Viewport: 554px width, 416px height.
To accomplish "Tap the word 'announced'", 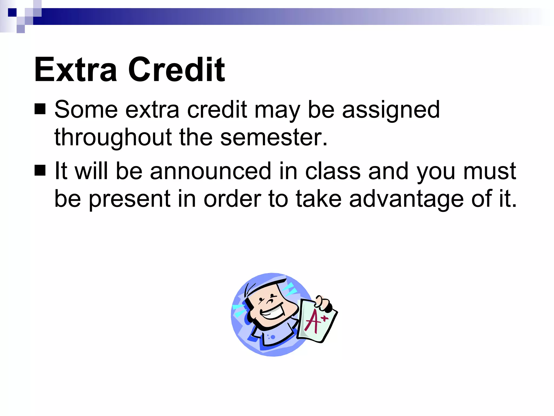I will pyautogui.click(x=210, y=171).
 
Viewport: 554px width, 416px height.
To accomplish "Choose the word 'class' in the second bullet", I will pyautogui.click(x=333, y=171).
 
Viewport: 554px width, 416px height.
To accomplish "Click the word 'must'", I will pyautogui.click(x=490, y=171).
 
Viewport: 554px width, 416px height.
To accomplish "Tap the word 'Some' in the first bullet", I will pyautogui.click(x=86, y=109).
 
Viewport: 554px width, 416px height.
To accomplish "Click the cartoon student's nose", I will pyautogui.click(x=270, y=301).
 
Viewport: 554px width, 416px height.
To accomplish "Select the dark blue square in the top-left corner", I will pyautogui.click(x=12, y=12).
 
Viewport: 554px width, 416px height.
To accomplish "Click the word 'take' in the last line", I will pyautogui.click(x=319, y=199).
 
